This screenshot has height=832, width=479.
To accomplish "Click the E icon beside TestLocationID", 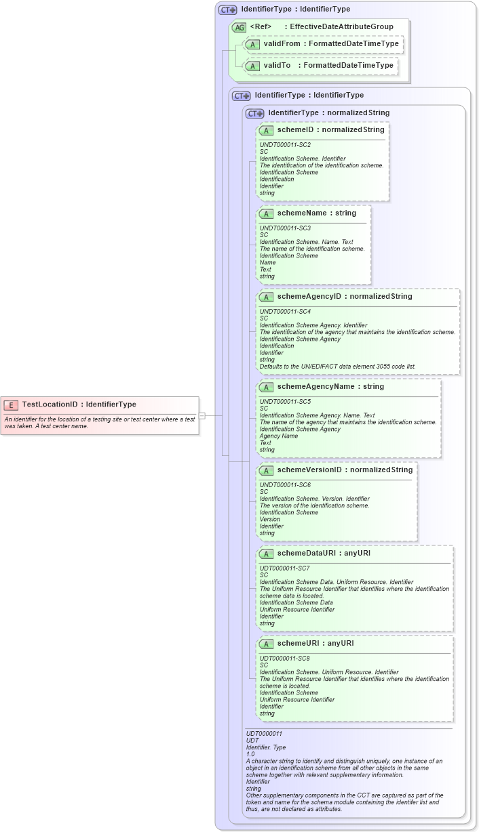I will point(11,405).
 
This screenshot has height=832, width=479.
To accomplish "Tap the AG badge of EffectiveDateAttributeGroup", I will point(239,27).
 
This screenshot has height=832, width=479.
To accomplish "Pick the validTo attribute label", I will point(277,66).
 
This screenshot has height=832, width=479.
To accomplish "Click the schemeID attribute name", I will point(296,129).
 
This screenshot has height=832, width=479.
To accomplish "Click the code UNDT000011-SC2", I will point(285,145).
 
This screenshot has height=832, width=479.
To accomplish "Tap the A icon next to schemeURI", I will point(266,644).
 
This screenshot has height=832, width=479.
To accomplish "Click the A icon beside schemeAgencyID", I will point(266,297).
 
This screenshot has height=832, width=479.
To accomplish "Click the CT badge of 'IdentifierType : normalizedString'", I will point(254,113).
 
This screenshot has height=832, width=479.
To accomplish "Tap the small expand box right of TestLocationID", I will point(202,415).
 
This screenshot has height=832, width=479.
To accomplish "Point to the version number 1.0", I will point(250,754).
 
